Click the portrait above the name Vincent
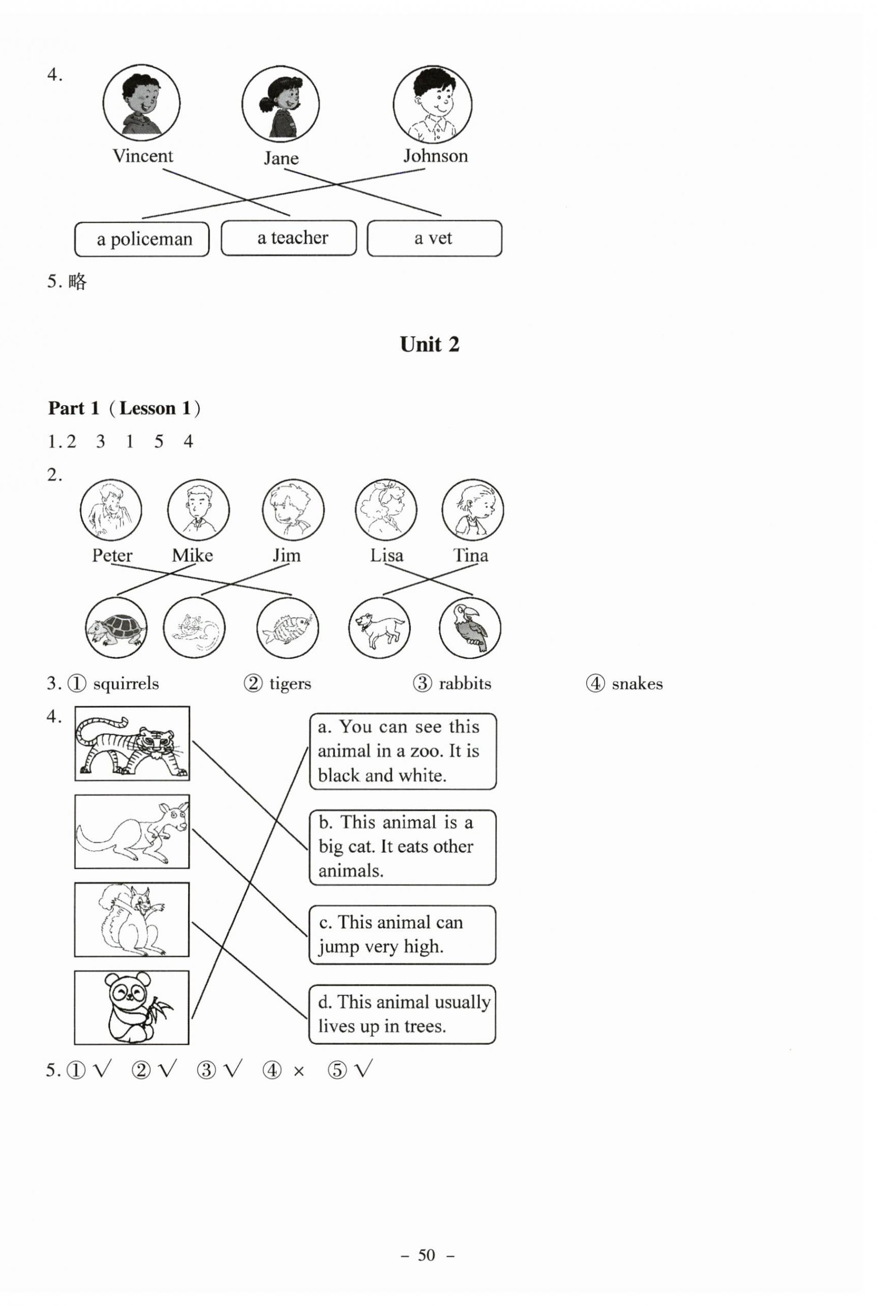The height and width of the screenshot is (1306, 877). (142, 103)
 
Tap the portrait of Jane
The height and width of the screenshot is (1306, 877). (280, 104)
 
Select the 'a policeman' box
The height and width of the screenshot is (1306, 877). (142, 239)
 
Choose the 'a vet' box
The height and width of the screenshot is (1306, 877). (434, 238)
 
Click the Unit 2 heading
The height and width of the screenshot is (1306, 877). (429, 344)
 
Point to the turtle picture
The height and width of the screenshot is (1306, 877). (117, 628)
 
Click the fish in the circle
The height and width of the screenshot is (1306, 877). (288, 628)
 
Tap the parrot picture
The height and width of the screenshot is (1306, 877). (470, 628)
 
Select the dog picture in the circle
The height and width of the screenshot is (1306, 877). (379, 628)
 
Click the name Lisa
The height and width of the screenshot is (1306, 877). (386, 555)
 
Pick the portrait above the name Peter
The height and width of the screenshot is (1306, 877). (111, 509)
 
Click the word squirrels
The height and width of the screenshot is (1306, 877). (126, 683)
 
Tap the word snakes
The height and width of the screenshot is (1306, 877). (637, 683)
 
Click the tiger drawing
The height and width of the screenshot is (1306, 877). (132, 743)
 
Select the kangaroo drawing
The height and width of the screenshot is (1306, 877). (132, 831)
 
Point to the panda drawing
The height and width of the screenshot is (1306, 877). (132, 1008)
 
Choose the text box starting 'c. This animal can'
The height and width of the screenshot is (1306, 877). (402, 935)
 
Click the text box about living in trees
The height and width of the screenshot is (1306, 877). (402, 1014)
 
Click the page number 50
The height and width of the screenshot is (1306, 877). (427, 1255)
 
